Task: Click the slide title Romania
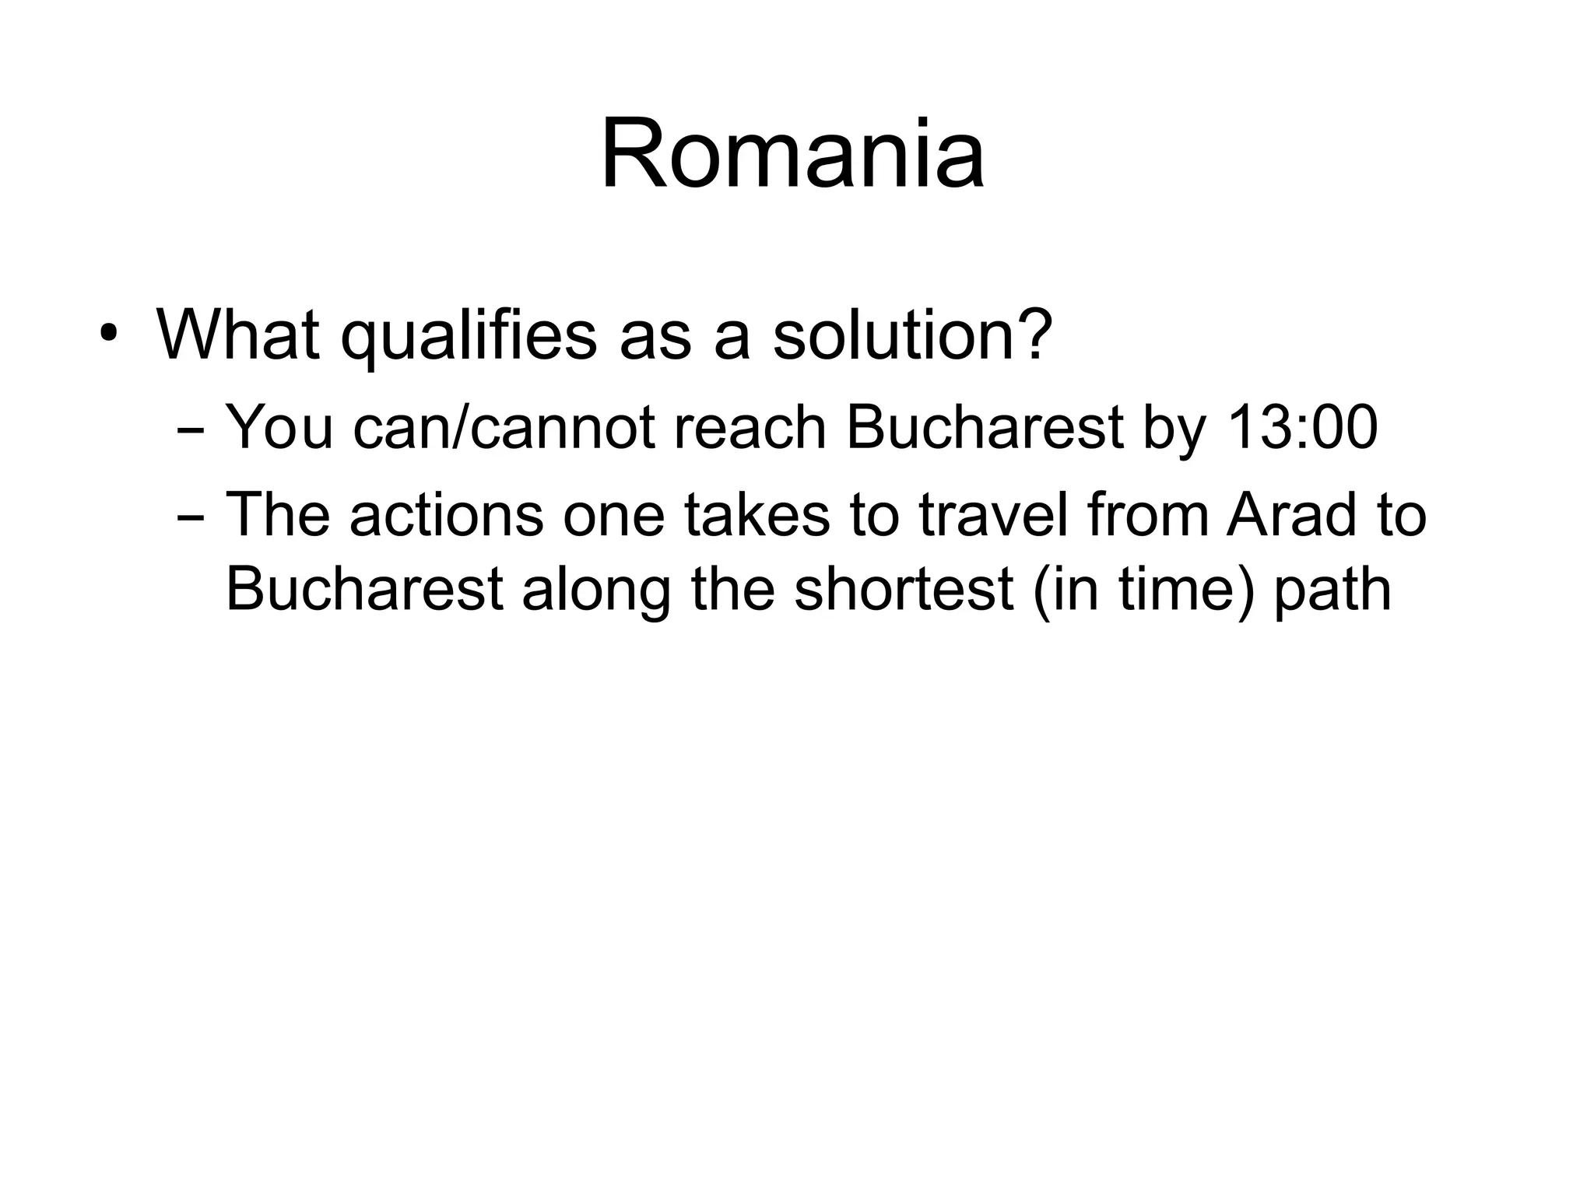[x=792, y=153]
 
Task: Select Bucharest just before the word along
[x=364, y=589]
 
